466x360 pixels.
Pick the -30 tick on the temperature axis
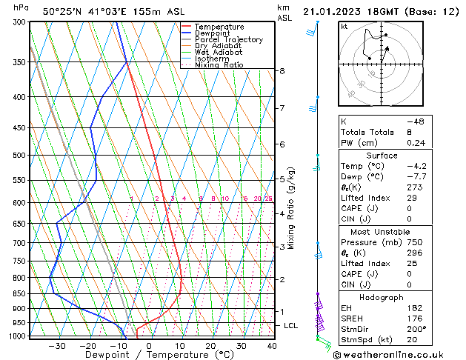coord(57,346)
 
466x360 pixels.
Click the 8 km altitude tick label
coord(282,71)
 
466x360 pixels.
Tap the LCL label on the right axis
coord(291,326)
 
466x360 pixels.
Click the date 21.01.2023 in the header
coord(333,11)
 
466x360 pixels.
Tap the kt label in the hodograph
coord(344,26)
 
